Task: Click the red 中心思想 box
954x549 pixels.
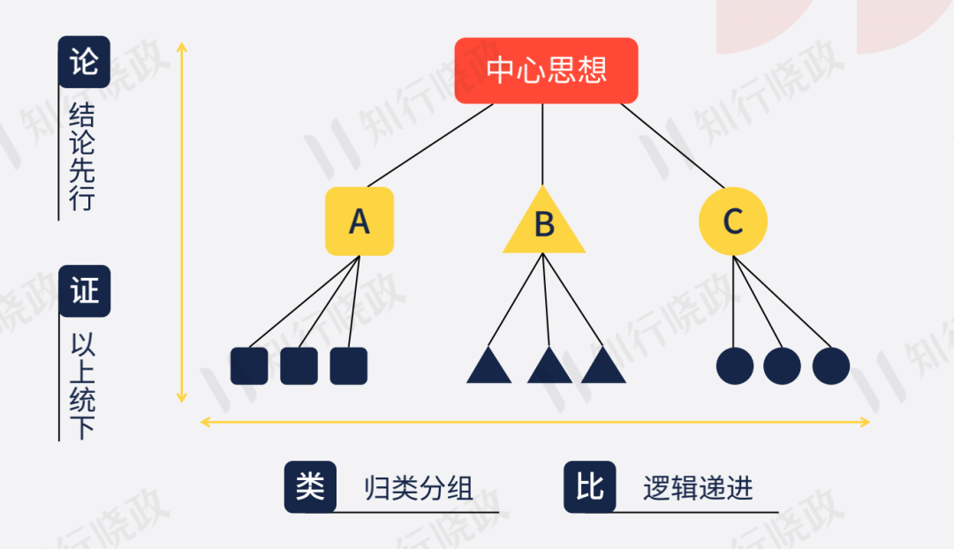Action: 546,71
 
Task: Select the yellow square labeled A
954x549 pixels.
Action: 359,222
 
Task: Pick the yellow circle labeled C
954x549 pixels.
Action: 732,222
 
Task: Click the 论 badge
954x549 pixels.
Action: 84,62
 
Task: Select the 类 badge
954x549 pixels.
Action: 310,486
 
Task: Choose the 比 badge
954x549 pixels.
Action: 589,486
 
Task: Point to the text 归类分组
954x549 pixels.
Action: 419,488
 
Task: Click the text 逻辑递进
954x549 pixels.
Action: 698,488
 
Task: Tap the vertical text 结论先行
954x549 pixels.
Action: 82,157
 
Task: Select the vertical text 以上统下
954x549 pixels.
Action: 82,387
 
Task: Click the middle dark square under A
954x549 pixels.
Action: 299,365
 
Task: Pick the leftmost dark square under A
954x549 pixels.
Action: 249,365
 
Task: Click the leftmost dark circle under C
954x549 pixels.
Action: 735,365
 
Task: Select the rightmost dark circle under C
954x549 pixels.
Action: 831,365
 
